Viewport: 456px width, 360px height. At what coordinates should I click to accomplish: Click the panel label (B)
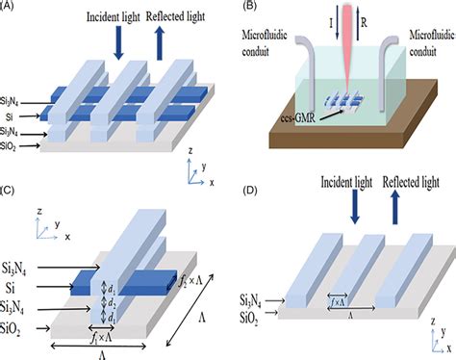(x=242, y=9)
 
